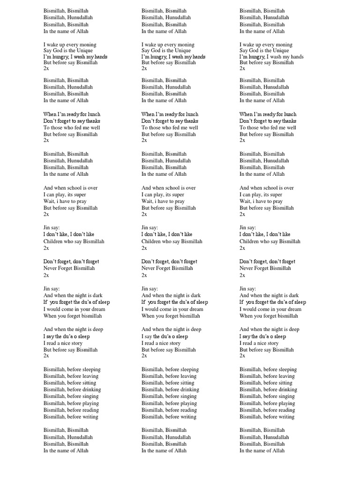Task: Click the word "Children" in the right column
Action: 250,241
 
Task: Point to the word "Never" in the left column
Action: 50,268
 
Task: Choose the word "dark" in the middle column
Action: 194,295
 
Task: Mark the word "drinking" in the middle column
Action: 187,390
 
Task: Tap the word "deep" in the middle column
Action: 196,330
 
